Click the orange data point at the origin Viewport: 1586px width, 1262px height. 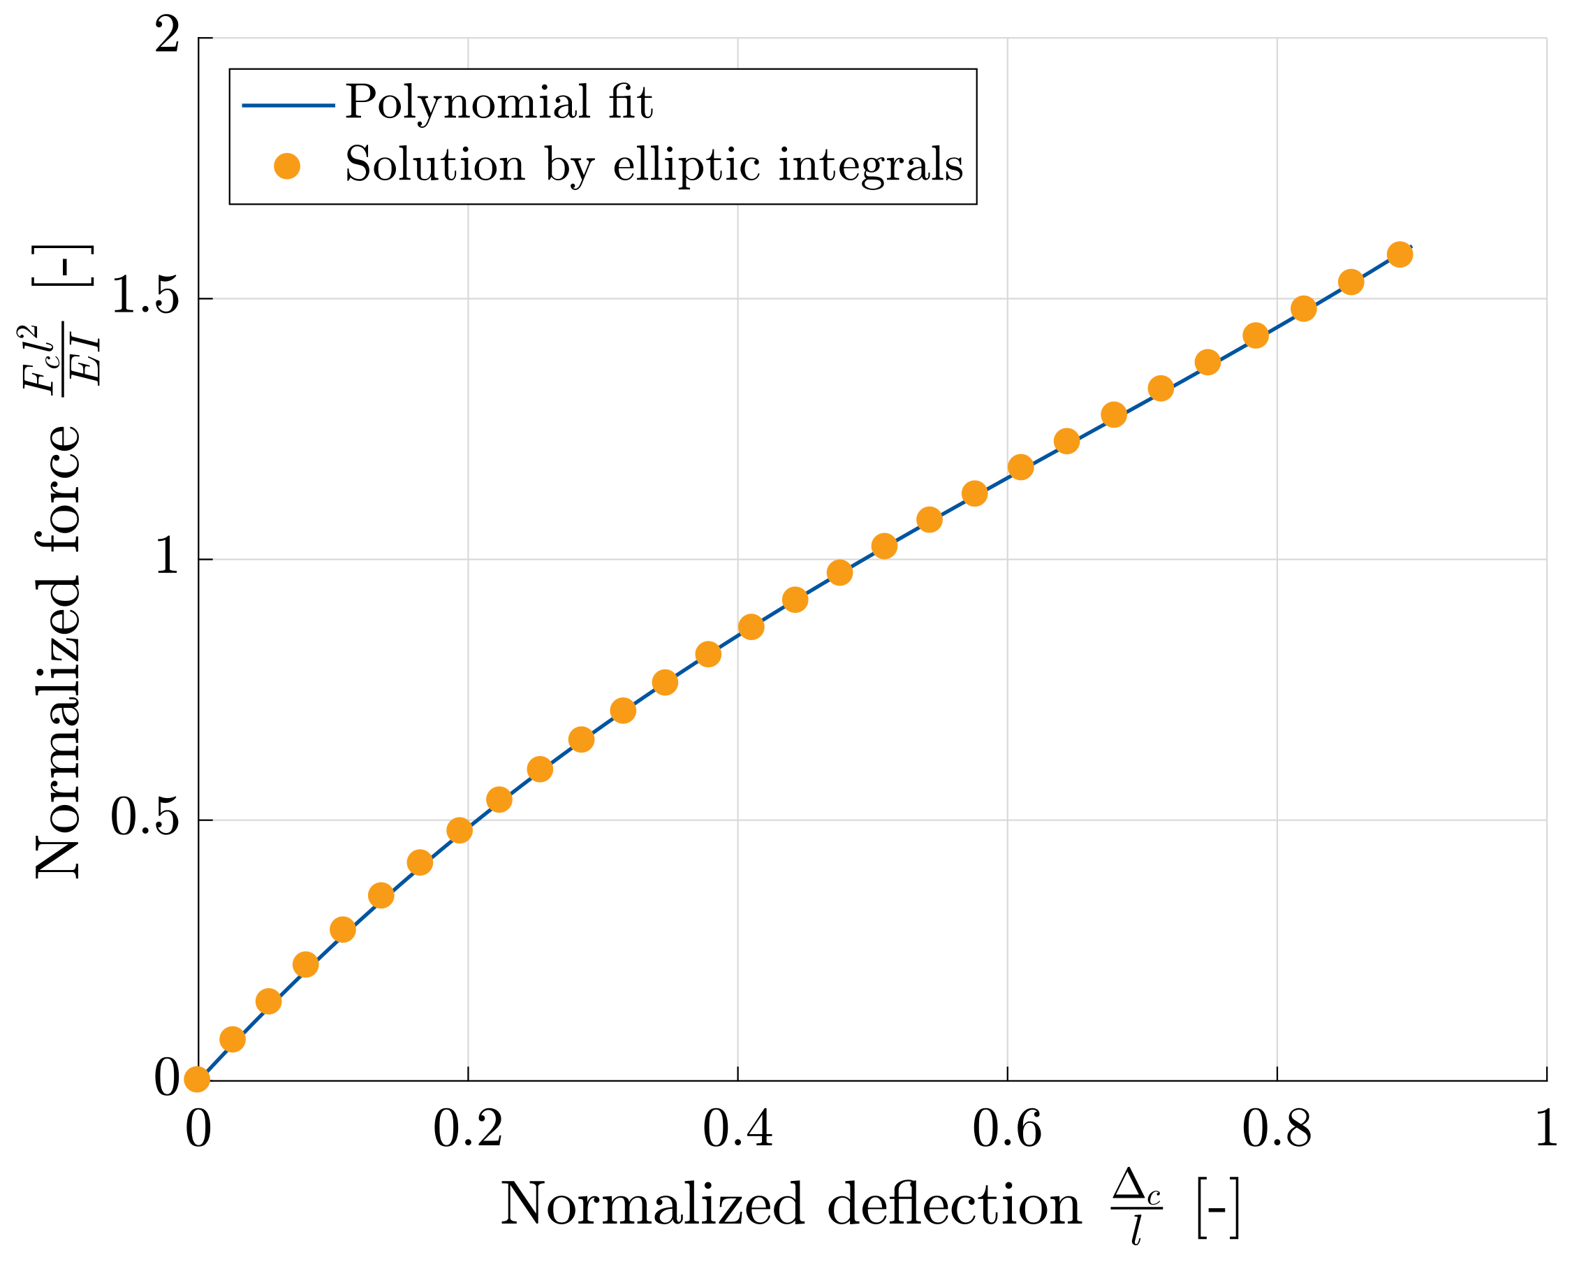196,1080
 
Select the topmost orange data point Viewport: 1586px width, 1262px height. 1400,254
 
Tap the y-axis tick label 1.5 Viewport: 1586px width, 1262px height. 145,298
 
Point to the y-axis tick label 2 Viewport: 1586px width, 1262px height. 167,36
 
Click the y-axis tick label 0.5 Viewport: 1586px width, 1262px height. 145,820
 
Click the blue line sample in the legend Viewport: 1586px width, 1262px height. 288,106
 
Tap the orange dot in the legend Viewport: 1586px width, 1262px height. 287,166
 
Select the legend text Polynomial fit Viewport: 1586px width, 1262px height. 499,102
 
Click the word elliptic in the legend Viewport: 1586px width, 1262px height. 686,165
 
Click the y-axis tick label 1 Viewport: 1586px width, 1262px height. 167,558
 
